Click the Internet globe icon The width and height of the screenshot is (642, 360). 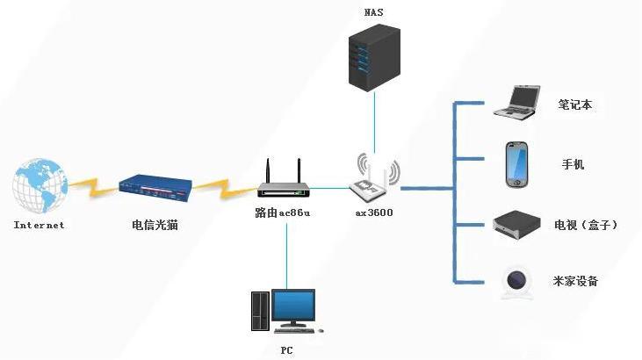click(x=40, y=186)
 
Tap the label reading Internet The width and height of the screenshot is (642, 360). click(x=40, y=225)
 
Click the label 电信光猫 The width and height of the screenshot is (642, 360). click(x=155, y=225)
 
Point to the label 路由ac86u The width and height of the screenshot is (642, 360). click(x=284, y=213)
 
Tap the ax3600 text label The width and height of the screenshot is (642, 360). click(x=374, y=213)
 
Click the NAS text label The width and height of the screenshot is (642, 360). click(x=373, y=12)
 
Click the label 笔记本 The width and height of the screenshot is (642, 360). click(x=575, y=104)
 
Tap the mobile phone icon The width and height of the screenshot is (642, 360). click(x=516, y=164)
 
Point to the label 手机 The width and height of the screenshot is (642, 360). click(x=573, y=165)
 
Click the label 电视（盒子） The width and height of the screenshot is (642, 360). click(x=587, y=226)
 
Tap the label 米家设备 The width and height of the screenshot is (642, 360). click(x=576, y=281)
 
